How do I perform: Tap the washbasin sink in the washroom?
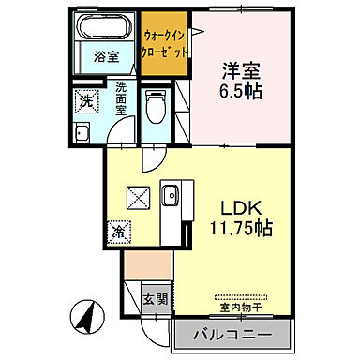(82, 132)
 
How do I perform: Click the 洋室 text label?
(238, 69)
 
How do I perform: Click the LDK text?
(239, 207)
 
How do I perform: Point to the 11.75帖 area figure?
(240, 228)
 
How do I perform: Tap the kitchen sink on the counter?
(170, 196)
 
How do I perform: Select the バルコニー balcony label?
(234, 334)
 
